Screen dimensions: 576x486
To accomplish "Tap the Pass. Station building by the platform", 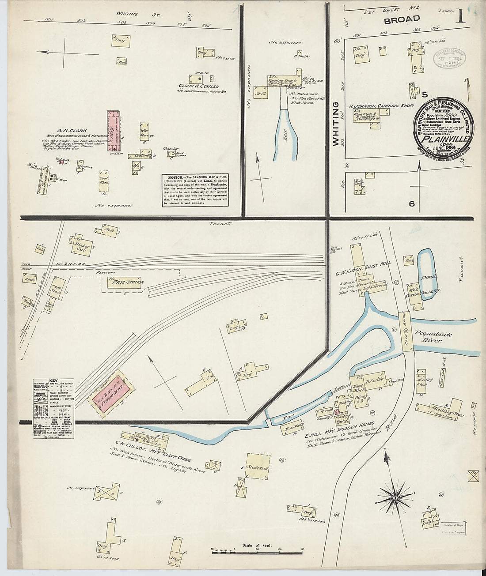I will [x=124, y=282].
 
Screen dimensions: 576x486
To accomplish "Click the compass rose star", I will [x=394, y=497].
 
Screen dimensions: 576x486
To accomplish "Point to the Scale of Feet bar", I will [x=257, y=551].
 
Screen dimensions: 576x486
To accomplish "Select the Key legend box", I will [x=53, y=408].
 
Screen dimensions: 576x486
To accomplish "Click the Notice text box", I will [x=195, y=190].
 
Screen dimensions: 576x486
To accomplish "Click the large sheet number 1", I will [x=460, y=16].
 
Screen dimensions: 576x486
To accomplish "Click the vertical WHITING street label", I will [x=336, y=124].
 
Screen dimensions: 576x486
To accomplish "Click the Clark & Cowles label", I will [x=198, y=87].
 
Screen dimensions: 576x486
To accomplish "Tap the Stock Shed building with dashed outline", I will [x=258, y=466].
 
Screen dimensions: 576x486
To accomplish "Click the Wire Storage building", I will [x=145, y=133].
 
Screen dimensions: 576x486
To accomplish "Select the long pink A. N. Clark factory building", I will [x=114, y=131].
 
